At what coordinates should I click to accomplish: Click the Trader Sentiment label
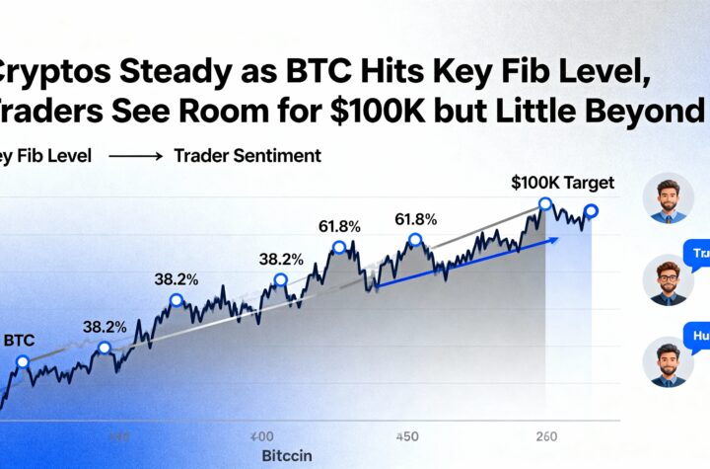248,156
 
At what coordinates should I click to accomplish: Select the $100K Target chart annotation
563,182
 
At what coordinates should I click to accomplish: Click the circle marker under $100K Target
544,204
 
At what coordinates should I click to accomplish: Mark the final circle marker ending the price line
591,210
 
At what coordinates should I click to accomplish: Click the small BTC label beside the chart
20,339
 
